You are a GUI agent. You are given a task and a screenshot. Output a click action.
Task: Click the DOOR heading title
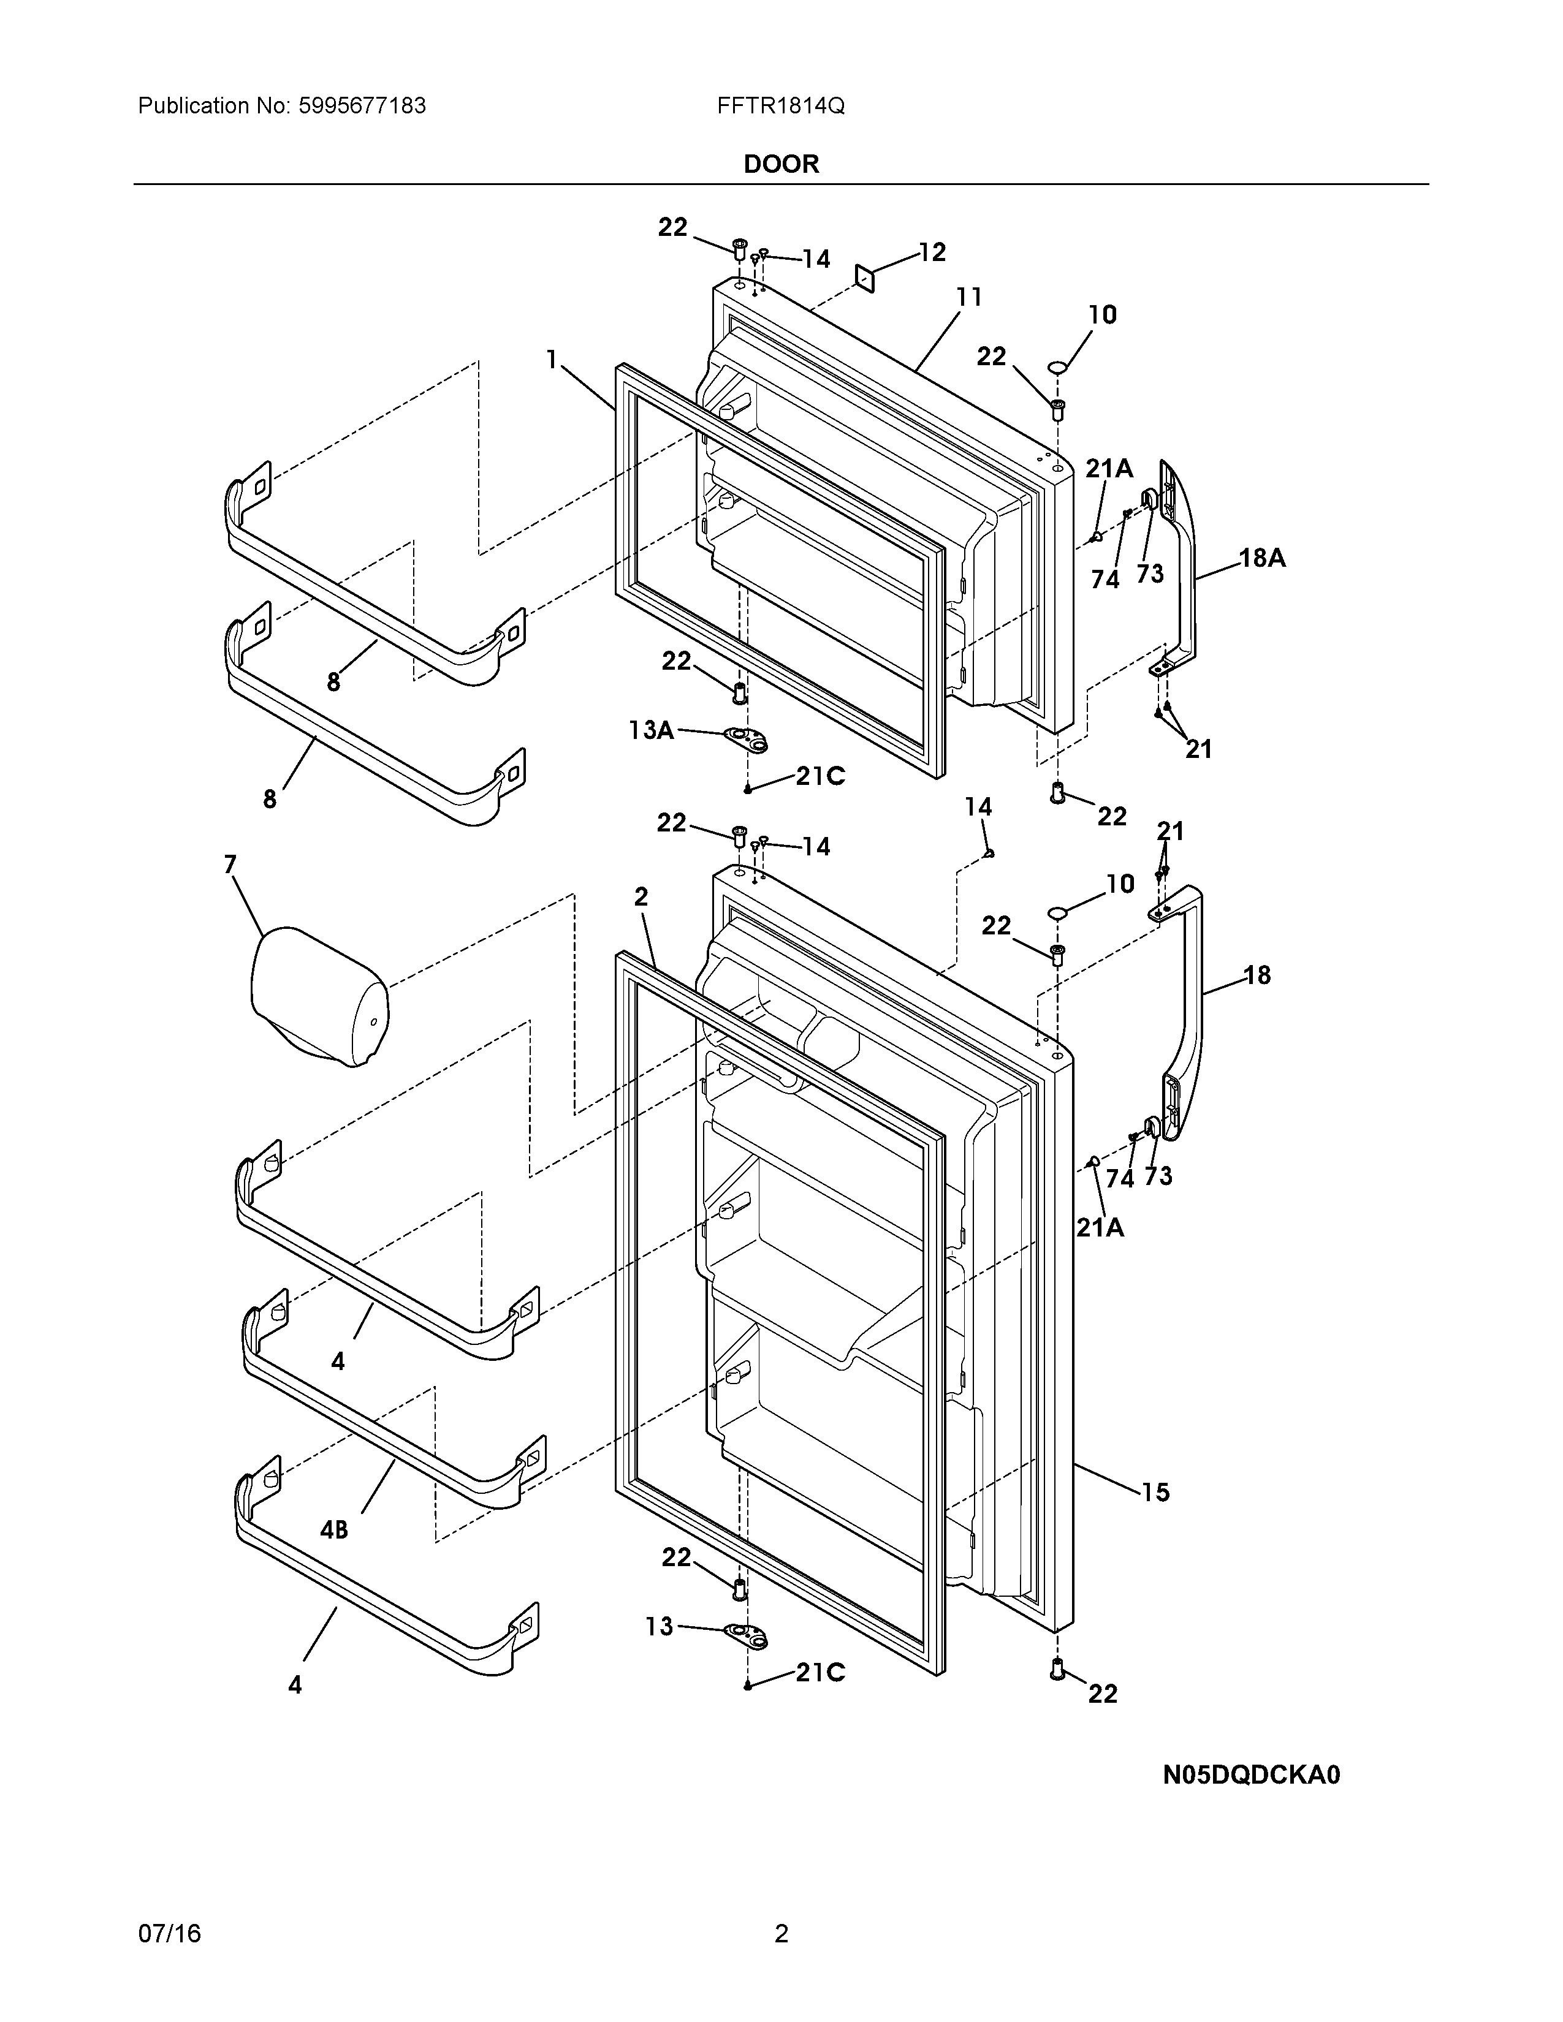click(780, 164)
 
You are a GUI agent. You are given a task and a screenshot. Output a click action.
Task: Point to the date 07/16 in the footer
click(169, 1933)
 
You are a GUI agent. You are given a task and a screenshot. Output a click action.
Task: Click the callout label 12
click(932, 252)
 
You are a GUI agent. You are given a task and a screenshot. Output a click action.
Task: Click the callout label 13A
click(651, 730)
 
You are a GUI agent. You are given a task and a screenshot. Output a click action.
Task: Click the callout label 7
click(230, 864)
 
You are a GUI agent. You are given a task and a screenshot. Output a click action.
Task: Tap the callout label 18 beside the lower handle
click(1257, 974)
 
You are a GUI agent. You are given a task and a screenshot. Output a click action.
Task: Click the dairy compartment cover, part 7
click(319, 995)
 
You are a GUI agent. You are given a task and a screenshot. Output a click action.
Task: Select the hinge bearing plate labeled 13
click(748, 1634)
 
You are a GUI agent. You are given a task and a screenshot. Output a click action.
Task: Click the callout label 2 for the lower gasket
click(641, 896)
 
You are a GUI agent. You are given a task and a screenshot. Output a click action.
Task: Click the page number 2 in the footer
click(780, 1933)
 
